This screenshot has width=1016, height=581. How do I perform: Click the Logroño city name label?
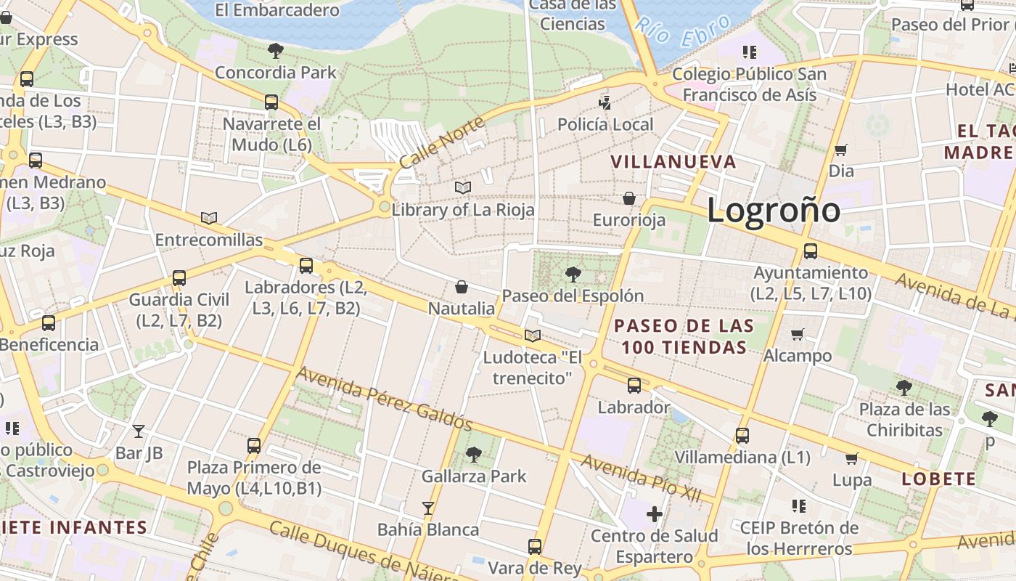click(x=774, y=211)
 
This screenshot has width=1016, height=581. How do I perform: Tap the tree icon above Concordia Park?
click(x=275, y=51)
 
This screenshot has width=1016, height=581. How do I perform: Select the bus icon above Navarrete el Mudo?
click(x=271, y=102)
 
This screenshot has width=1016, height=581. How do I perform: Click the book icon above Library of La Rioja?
click(x=463, y=188)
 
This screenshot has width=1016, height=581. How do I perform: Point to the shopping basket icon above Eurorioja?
click(x=629, y=198)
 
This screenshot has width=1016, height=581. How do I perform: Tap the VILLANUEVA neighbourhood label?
click(x=673, y=162)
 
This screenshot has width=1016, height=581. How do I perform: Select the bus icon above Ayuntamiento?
click(x=811, y=251)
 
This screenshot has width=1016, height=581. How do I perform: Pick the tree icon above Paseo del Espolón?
click(x=573, y=275)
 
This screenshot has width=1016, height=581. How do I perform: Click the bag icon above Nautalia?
click(x=462, y=287)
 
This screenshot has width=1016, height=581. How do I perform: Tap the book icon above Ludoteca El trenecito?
click(x=533, y=336)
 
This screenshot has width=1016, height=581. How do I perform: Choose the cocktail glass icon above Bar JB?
click(x=139, y=431)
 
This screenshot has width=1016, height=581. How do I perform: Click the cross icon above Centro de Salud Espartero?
click(x=655, y=514)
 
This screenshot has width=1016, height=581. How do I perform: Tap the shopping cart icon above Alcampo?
click(x=798, y=334)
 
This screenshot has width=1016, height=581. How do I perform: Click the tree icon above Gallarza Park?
click(x=474, y=455)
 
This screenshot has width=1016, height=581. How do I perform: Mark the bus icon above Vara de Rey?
click(x=535, y=547)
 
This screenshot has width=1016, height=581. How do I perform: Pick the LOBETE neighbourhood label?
click(x=938, y=479)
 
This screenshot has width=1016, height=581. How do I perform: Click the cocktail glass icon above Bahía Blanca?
click(x=428, y=508)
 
